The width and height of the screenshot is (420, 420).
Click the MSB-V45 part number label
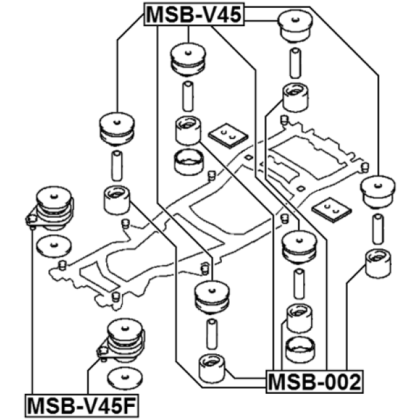coord(194,14)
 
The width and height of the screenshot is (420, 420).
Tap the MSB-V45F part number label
coord(82,406)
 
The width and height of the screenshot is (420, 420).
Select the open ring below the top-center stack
coord(188,159)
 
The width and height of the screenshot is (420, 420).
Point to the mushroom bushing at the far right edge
coord(379,191)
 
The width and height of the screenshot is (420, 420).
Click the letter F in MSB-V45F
coord(130,406)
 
